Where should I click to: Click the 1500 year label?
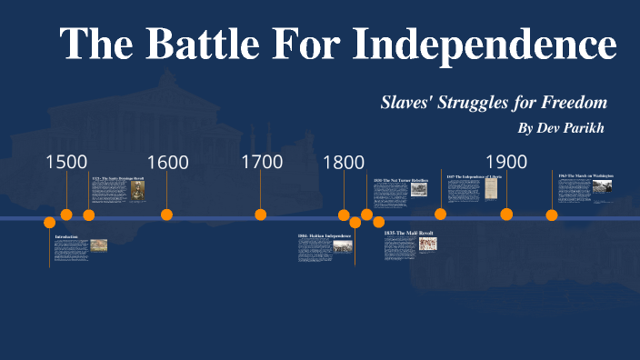click(x=66, y=162)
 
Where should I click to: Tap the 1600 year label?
click(x=167, y=163)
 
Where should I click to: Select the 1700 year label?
click(x=262, y=162)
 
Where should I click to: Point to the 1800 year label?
click(x=344, y=163)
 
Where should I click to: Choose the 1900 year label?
click(x=506, y=162)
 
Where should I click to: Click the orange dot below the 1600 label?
click(x=167, y=215)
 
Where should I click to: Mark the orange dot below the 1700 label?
click(x=261, y=215)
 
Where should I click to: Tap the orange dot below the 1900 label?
click(x=506, y=215)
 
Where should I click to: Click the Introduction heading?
click(x=66, y=236)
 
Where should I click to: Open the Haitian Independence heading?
click(x=324, y=235)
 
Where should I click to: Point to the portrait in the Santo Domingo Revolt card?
click(x=136, y=189)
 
